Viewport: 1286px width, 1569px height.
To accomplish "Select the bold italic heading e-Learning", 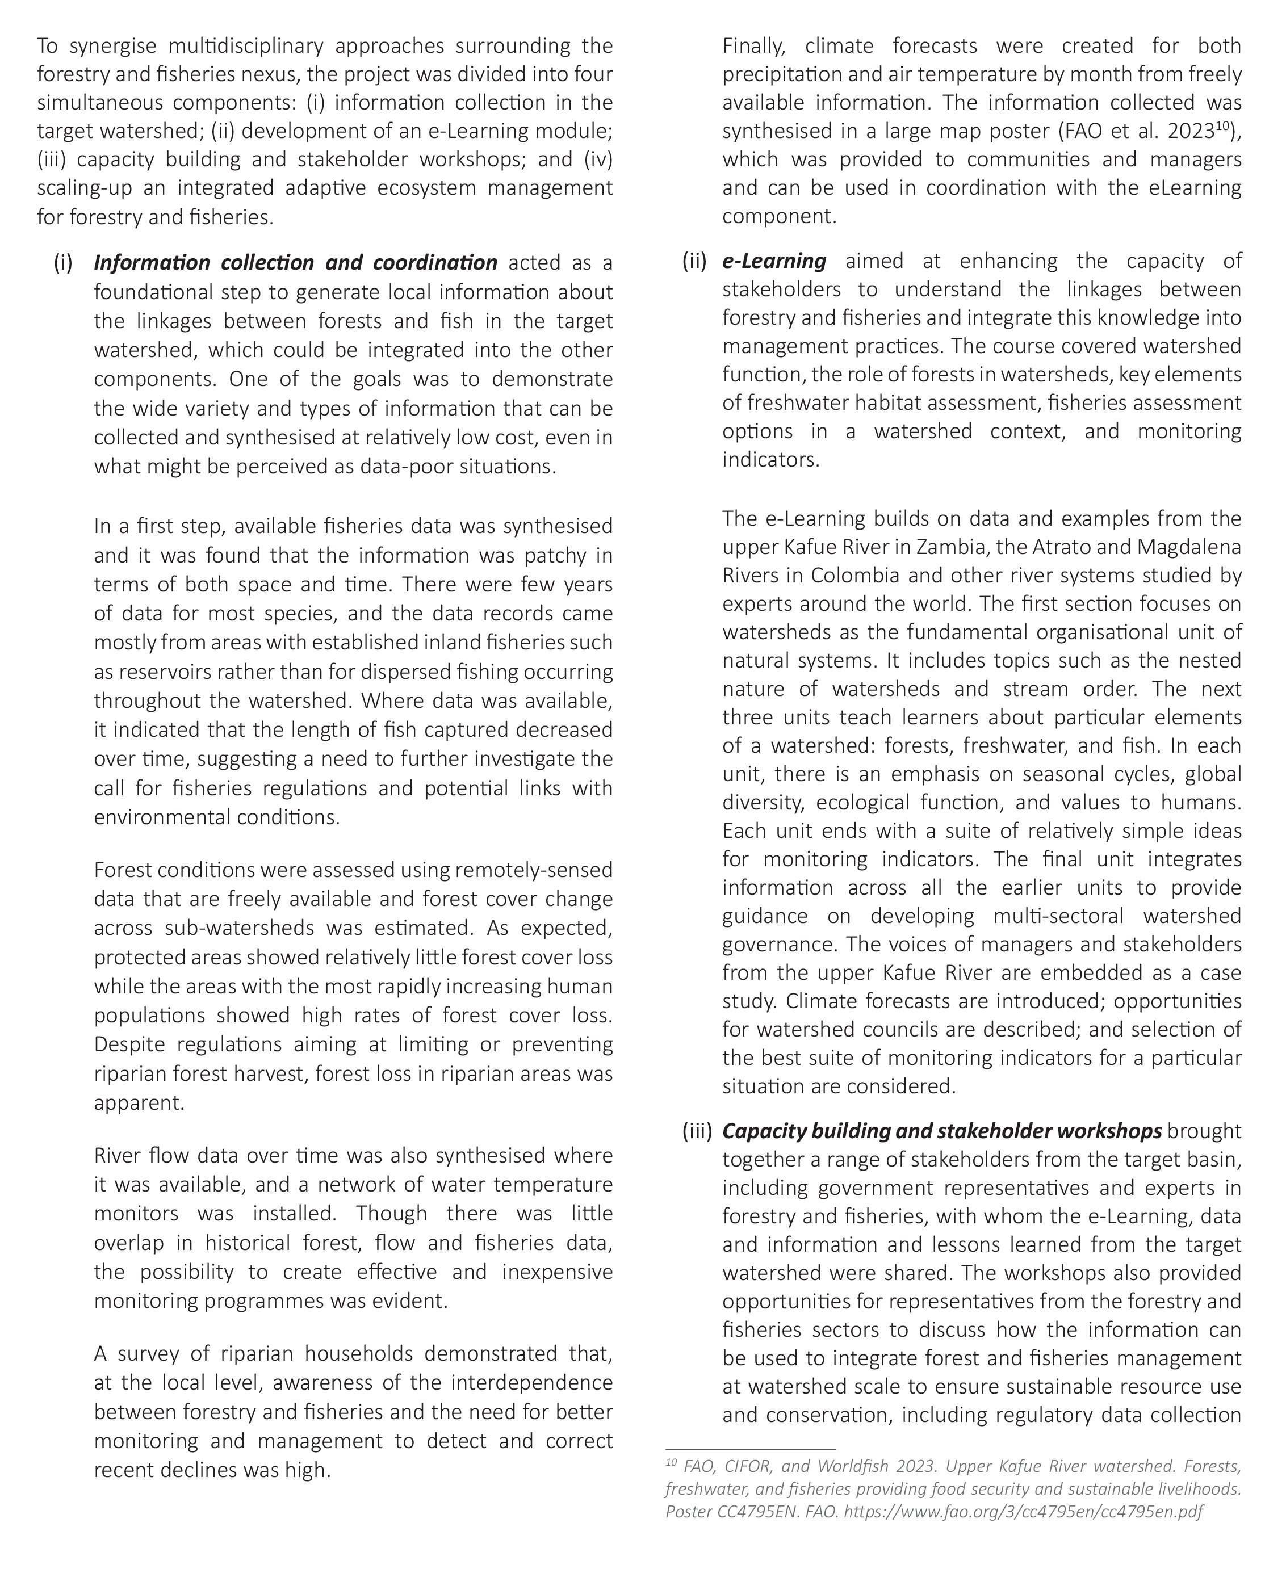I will (x=774, y=261).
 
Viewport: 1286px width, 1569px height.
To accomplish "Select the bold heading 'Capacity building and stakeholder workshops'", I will (x=941, y=1131).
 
